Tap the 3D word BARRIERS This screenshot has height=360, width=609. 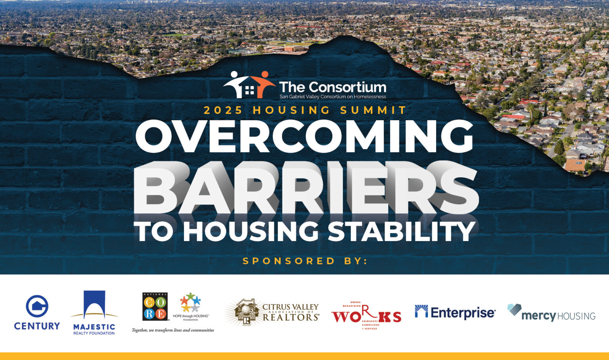[305, 188]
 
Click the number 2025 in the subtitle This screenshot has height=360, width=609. [223, 110]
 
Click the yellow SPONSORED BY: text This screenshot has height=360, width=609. [305, 261]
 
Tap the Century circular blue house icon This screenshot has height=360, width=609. [37, 306]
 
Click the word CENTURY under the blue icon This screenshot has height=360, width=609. [37, 326]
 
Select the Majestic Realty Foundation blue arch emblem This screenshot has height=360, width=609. [94, 304]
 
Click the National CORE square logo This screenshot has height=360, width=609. [155, 306]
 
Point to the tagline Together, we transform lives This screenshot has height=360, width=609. [173, 330]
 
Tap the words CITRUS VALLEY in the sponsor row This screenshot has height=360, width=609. [290, 307]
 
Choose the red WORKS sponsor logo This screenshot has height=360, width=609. [366, 315]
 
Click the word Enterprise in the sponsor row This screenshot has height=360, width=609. [463, 313]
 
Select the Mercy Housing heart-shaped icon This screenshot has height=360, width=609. [514, 309]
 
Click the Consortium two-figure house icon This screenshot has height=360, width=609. [249, 84]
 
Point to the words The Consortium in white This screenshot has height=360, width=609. [332, 87]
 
